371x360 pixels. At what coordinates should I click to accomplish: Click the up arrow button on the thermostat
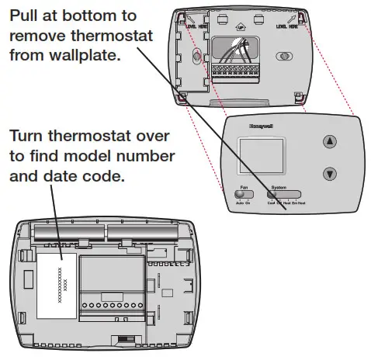point(330,142)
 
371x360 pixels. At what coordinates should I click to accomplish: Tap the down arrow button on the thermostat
point(330,174)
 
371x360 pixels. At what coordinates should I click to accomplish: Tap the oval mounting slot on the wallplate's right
point(286,57)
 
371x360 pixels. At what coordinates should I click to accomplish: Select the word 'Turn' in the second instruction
point(27,137)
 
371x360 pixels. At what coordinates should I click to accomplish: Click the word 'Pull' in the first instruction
point(25,16)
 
